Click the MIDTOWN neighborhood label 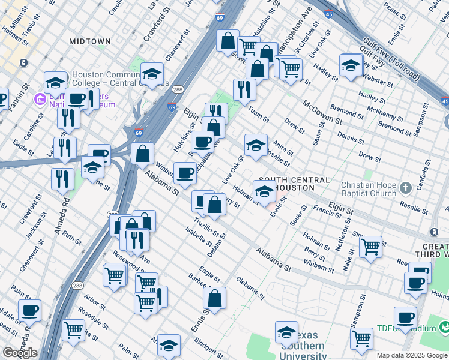[89, 41]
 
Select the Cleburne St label [250, 287]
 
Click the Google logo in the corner [19, 353]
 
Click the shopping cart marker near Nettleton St [371, 245]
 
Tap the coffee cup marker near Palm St [30, 310]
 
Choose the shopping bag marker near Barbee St [214, 297]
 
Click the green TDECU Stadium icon [445, 328]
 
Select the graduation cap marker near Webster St [351, 65]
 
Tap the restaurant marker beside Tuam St [244, 89]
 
